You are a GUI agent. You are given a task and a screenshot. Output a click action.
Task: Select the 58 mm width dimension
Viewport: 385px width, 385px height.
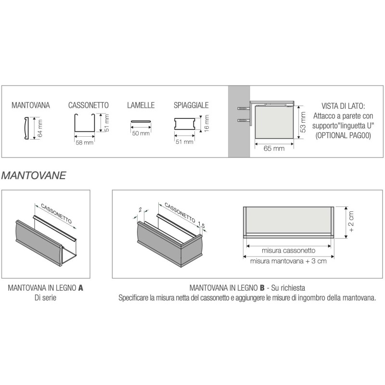[x=85, y=142]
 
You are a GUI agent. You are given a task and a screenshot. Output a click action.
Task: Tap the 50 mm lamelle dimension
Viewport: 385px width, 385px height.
[x=141, y=133]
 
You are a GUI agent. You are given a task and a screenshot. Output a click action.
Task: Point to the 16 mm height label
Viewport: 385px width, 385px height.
[x=206, y=123]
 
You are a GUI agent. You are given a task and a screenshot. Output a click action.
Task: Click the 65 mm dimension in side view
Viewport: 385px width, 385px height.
[x=274, y=148]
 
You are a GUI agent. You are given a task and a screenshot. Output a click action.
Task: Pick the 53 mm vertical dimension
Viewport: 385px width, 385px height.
[x=303, y=122]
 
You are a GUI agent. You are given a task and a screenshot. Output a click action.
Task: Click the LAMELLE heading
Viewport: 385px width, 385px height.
[x=141, y=105]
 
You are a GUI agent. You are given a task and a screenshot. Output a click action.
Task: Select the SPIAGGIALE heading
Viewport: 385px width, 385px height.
[x=191, y=105]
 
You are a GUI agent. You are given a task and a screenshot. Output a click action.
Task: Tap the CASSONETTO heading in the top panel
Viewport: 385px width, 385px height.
[x=89, y=105]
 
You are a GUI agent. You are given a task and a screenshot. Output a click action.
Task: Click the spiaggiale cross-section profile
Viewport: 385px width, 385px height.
[x=185, y=124]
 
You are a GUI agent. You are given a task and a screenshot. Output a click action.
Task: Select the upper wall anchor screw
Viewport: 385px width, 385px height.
[x=244, y=108]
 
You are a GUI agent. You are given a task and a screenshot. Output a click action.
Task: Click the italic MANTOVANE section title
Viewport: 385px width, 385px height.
[x=34, y=176]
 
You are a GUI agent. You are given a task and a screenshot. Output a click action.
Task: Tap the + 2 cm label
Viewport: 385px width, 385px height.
[x=351, y=222]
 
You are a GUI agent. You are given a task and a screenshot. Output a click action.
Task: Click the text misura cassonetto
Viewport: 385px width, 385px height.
[x=288, y=250]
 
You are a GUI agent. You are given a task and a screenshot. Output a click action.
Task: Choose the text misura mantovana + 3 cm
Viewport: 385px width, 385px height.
[x=288, y=261]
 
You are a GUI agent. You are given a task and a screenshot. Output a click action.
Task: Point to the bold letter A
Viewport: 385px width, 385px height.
[x=80, y=288]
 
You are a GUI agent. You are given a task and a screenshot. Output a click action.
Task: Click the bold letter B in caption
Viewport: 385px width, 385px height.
[x=262, y=288]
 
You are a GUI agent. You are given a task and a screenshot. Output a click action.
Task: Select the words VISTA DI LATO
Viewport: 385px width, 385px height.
[x=343, y=106]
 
